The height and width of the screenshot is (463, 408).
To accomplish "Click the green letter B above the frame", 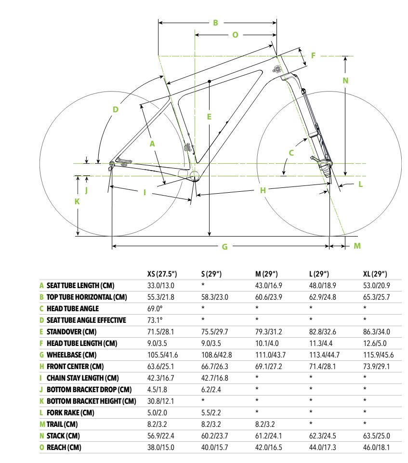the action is (215, 23).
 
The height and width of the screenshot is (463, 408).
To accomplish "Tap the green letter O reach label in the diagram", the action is (235, 35).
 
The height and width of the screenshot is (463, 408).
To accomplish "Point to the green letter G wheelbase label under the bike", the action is (224, 247).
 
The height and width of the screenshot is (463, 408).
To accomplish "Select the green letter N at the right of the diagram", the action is (345, 80).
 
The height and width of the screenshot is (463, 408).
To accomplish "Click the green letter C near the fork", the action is (291, 153).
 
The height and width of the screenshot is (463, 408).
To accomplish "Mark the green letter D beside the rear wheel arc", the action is (116, 109).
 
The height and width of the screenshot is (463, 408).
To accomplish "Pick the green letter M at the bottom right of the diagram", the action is (357, 246).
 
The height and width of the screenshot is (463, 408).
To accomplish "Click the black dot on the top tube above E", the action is (210, 81).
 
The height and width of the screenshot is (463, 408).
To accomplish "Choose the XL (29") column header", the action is (375, 274).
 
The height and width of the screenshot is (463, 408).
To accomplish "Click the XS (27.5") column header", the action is (162, 274).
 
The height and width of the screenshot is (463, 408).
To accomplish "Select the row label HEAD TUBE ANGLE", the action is (73, 308).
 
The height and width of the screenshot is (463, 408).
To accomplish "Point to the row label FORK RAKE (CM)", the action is (70, 412).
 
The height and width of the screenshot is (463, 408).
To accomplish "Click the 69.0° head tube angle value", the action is (155, 308).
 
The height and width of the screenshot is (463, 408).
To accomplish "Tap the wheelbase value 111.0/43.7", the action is (270, 355).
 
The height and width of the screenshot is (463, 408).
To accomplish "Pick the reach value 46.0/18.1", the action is (376, 448).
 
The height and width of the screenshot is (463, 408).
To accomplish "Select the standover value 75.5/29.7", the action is (215, 331).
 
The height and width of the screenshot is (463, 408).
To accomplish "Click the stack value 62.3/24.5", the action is (323, 436).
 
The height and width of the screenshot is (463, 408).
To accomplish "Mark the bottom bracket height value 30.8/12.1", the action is (160, 401).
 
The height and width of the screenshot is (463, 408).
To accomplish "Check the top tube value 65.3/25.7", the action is (376, 297).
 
